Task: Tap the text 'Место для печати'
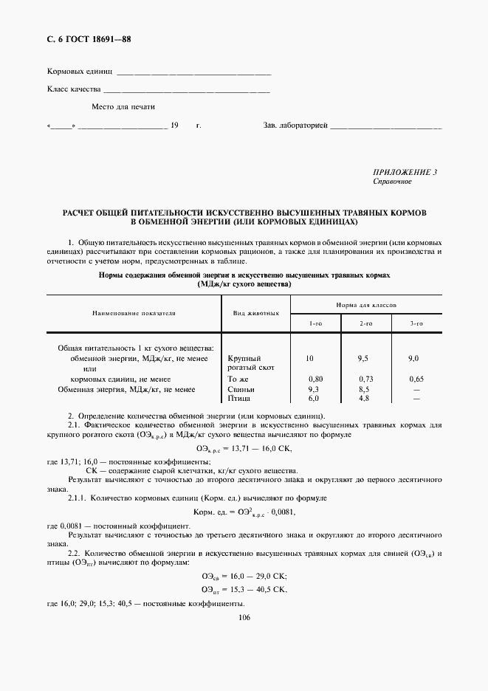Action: click(x=123, y=106)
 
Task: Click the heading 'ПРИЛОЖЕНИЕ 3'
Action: click(x=405, y=173)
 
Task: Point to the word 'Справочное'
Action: click(x=392, y=182)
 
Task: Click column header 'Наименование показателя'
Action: click(x=134, y=313)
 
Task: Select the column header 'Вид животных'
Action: click(x=255, y=313)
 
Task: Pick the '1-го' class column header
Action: click(x=315, y=323)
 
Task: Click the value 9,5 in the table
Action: click(x=362, y=358)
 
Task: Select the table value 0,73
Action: click(x=365, y=379)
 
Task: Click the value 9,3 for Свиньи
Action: click(x=313, y=388)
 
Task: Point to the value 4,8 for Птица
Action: click(x=363, y=398)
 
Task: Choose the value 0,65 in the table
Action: click(x=416, y=379)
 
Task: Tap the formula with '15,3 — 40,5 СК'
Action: click(x=244, y=589)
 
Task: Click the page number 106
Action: click(x=245, y=618)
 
